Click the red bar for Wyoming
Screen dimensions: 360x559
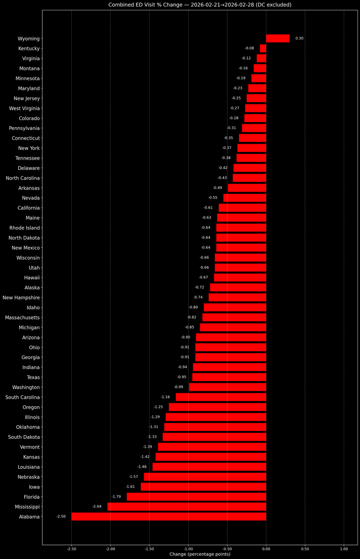pos(278,38)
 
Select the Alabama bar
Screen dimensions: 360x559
pos(169,517)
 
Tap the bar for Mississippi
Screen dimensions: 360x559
pos(187,507)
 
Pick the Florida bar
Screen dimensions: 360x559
pos(197,497)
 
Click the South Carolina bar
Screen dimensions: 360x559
pos(221,397)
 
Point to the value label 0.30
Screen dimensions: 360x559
pos(299,38)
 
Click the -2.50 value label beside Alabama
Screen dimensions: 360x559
pos(61,516)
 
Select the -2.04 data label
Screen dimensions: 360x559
pos(97,506)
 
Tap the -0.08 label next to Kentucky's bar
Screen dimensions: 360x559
pos(249,48)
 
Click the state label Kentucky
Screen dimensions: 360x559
pos(29,48)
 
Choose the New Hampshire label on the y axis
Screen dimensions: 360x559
pos(21,298)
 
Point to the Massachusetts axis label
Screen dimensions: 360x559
pos(22,317)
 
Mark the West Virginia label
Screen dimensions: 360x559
pos(24,108)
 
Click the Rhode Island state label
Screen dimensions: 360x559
pos(25,228)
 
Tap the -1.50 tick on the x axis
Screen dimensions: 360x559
pos(149,549)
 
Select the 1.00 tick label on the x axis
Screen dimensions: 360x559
pos(344,549)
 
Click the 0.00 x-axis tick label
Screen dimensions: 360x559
pos(266,549)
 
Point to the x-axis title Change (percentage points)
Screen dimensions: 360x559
pos(200,554)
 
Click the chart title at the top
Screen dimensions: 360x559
pos(200,5)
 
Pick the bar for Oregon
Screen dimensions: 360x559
pos(217,407)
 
